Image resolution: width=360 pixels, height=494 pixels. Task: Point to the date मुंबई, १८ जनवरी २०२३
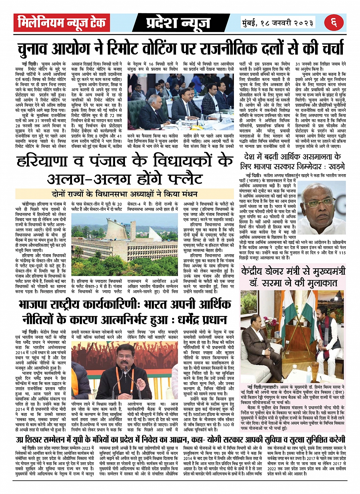pyautogui.click(x=277, y=22)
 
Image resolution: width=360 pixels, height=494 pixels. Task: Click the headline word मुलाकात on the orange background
pyautogui.click(x=318, y=282)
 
